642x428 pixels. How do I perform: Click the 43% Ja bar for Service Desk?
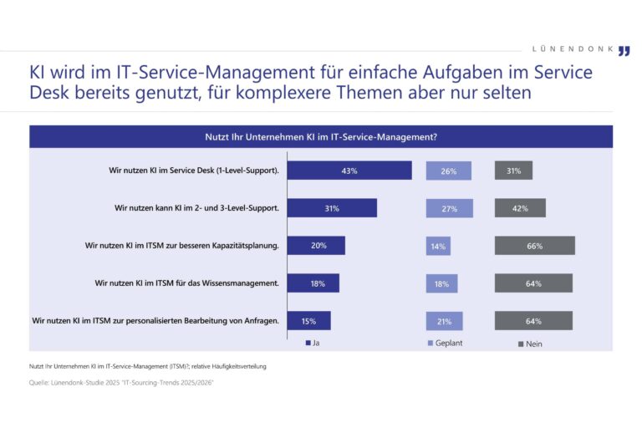click(349, 171)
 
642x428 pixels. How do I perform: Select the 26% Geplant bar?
click(448, 171)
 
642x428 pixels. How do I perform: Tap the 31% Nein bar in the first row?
click(513, 171)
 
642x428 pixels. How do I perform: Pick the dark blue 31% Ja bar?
click(332, 208)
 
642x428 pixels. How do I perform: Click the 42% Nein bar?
click(520, 208)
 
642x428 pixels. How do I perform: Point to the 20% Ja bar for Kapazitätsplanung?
click(316, 246)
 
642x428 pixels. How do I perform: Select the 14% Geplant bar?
click(438, 246)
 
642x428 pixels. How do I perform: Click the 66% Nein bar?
click(534, 246)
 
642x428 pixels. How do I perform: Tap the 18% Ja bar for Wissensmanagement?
click(313, 283)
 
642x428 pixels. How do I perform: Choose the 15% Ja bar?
click(309, 320)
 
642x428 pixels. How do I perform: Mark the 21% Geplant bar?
click(444, 320)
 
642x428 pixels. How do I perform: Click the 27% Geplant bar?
click(449, 208)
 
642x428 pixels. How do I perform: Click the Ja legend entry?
click(313, 343)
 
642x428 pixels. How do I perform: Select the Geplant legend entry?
click(444, 343)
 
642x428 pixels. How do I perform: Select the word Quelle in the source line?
click(39, 384)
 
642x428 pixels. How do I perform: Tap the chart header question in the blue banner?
click(321, 136)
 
